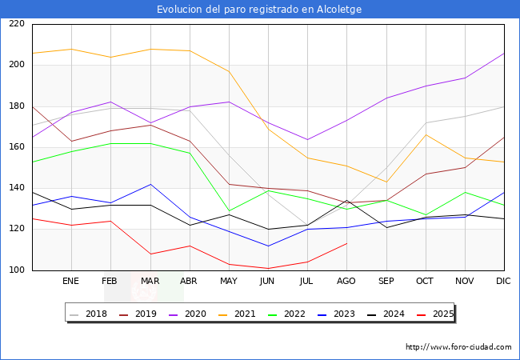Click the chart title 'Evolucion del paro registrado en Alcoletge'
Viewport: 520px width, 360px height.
[x=259, y=10]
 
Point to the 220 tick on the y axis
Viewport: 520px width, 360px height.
[x=17, y=24]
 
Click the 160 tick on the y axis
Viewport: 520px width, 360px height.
[x=17, y=147]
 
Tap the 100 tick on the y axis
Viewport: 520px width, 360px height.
[x=17, y=270]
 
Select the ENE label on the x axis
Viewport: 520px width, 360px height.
[x=71, y=282]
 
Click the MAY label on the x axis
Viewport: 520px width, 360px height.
[x=229, y=282]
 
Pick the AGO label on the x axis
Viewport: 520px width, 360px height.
[x=346, y=282]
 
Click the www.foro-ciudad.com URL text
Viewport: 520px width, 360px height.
[x=458, y=347]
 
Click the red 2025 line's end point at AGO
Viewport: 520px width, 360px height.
[x=346, y=243]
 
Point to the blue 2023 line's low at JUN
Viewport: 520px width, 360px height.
[x=268, y=246]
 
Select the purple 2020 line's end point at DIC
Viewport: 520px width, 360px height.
[x=504, y=54]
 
